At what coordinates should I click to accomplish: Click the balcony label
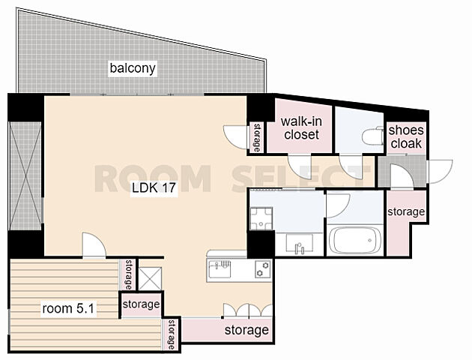coord(133,68)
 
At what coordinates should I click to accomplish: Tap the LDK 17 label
coord(154,188)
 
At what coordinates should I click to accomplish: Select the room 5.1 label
coord(69,309)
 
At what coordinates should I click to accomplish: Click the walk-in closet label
coord(301,128)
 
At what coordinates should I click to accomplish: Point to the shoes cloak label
coord(406,137)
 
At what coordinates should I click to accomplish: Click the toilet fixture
coord(372,136)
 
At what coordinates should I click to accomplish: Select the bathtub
coord(355,241)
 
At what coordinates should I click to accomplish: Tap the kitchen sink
coord(220,269)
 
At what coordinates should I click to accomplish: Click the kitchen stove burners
coord(263,269)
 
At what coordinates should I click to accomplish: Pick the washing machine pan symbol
coord(261,219)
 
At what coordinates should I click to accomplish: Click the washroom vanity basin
coord(299,244)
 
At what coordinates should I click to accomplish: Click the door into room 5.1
coord(94,245)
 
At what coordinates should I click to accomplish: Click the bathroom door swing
coord(338,205)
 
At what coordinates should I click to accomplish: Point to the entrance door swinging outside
coord(440,172)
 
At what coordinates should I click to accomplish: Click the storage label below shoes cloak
coord(406,211)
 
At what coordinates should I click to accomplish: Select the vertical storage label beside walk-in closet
coord(256,137)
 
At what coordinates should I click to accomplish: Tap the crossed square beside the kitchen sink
coord(151,279)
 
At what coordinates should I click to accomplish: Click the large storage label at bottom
coord(246,331)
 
